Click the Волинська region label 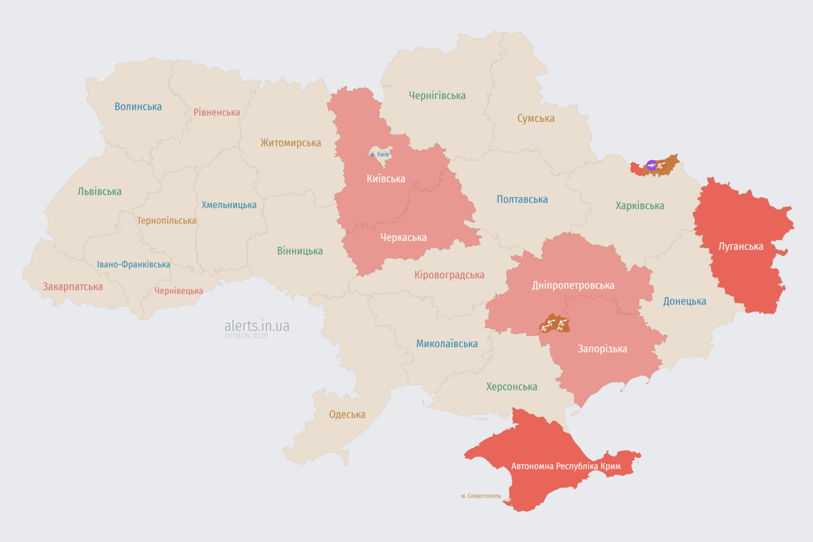[x=138, y=107]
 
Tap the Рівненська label [x=217, y=112]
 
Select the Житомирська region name [x=290, y=143]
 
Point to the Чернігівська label [x=437, y=95]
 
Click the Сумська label [x=536, y=118]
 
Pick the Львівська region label [x=100, y=191]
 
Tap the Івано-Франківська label [x=133, y=265]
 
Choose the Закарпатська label [x=73, y=287]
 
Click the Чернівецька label [x=179, y=291]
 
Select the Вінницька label [x=300, y=251]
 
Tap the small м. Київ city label [x=379, y=154]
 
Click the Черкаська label [x=403, y=237]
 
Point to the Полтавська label [x=522, y=199]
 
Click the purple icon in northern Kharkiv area [x=651, y=165]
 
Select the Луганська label [x=740, y=246]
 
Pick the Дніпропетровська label [x=573, y=285]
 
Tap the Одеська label [x=347, y=414]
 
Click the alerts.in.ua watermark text [x=257, y=325]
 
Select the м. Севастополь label [x=481, y=495]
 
